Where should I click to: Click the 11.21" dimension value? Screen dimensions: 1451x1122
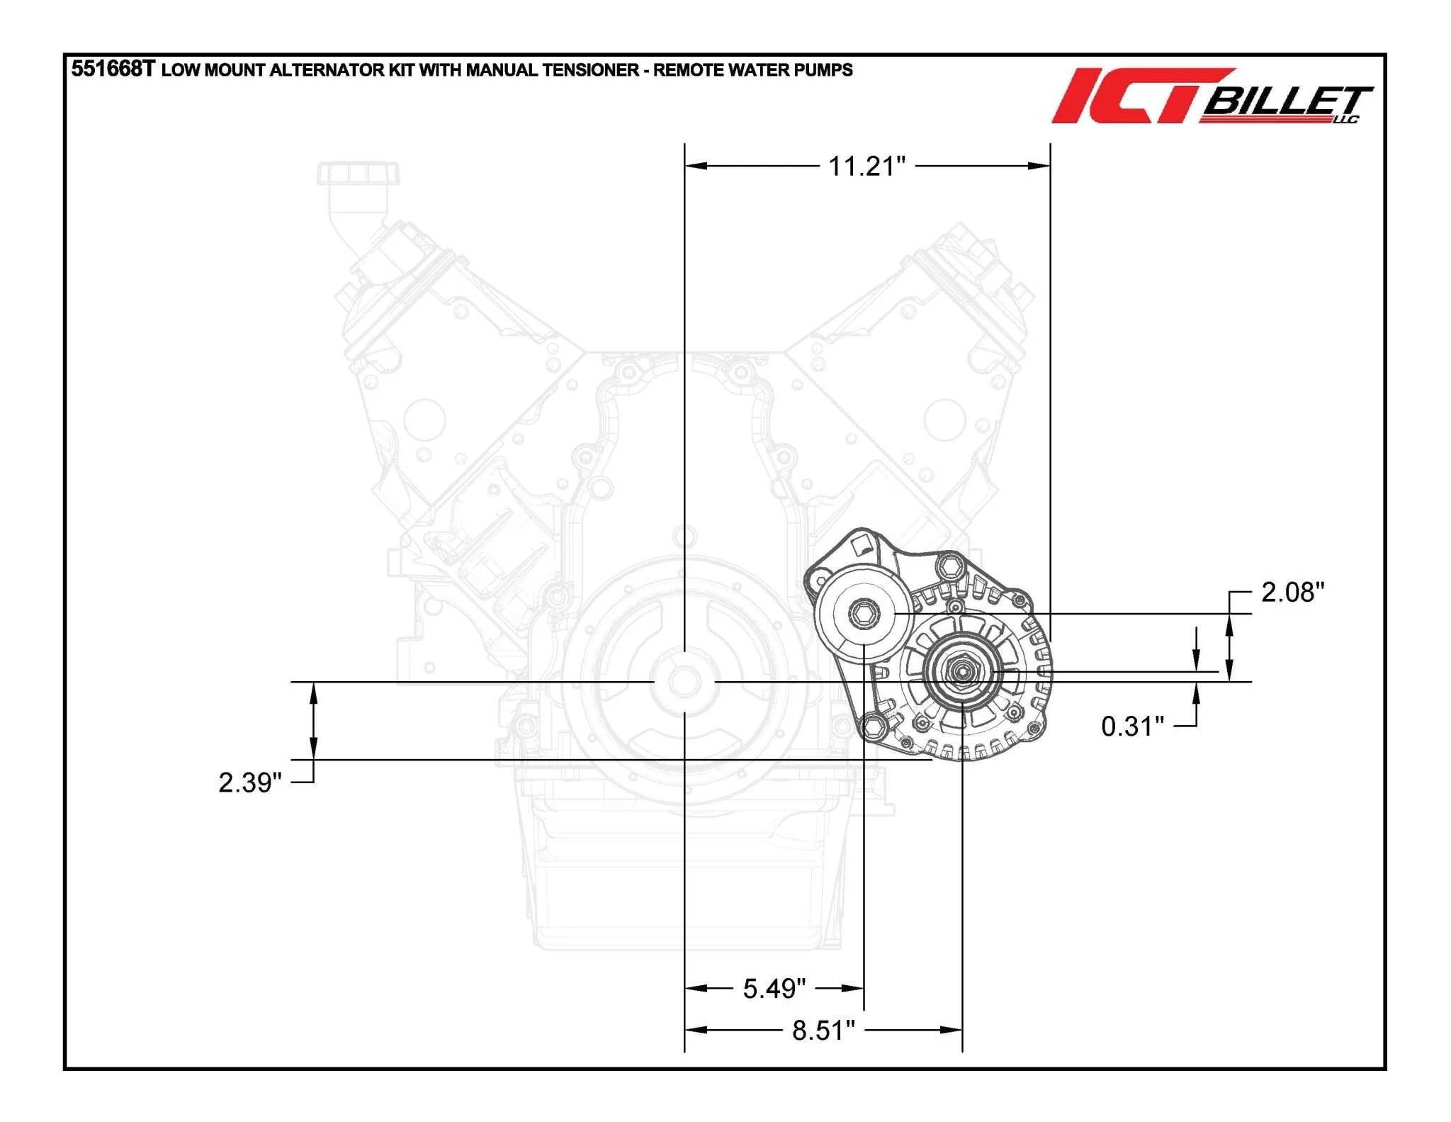coord(867,167)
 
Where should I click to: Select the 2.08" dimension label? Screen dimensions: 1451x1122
coord(1293,593)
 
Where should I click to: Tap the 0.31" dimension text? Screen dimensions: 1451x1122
coord(1133,727)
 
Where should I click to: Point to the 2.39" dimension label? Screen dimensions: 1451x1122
coord(250,782)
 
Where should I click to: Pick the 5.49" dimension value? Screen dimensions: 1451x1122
coord(774,989)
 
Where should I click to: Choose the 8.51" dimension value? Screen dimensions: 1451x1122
coord(823,1031)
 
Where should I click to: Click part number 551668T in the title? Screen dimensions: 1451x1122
coord(113,69)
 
